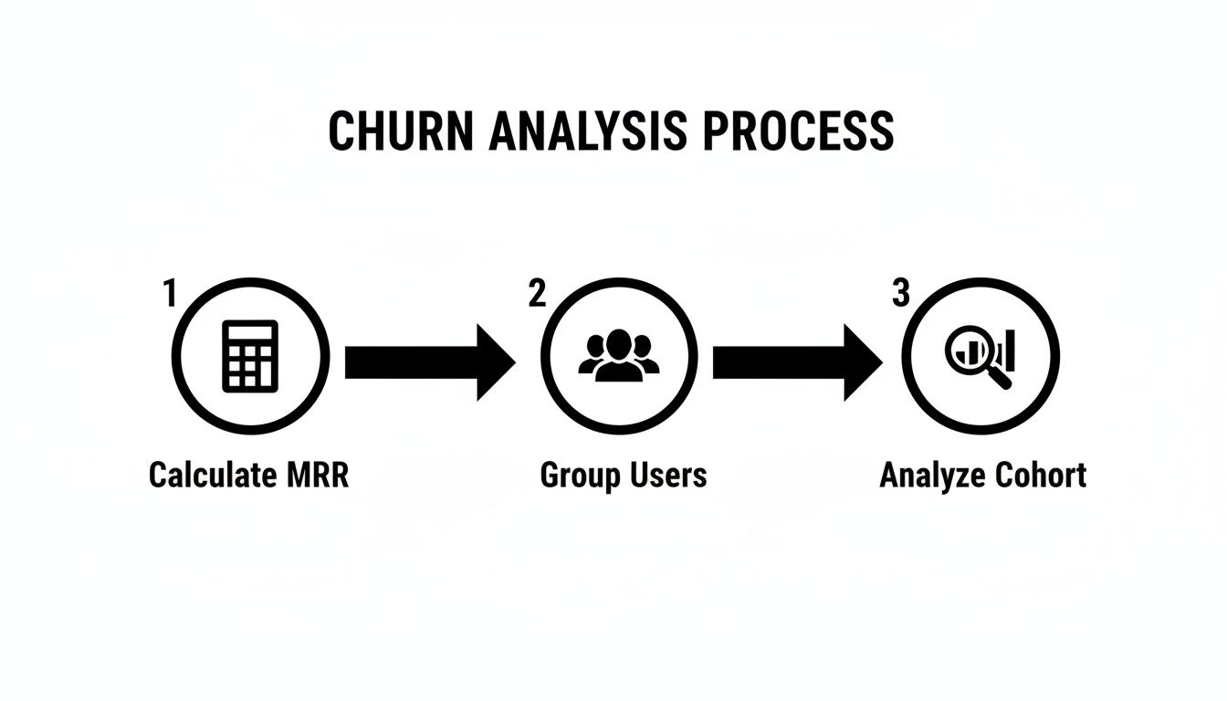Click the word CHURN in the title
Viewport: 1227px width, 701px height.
point(401,131)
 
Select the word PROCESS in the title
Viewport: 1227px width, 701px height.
point(799,131)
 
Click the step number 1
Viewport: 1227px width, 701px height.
point(169,294)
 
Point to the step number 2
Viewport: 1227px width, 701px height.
point(537,294)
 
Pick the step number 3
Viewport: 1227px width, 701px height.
point(901,294)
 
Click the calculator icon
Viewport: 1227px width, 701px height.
point(250,357)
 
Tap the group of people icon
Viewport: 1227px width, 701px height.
point(619,355)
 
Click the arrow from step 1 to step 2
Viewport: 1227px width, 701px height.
point(429,362)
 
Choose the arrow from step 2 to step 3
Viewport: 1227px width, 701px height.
point(797,362)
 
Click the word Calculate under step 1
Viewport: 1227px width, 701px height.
point(211,476)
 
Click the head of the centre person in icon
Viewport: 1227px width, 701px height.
point(619,342)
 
